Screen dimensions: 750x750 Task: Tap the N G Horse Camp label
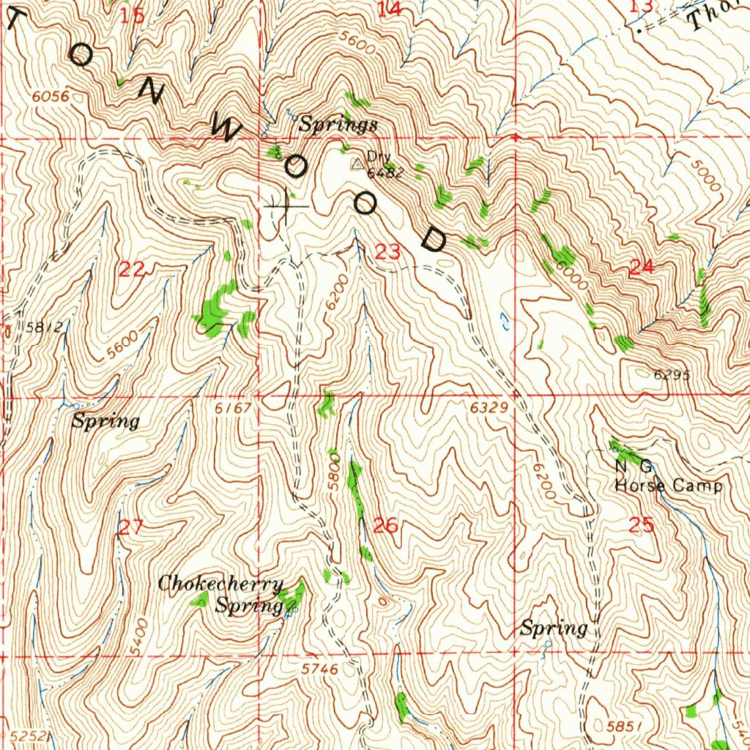[668, 477]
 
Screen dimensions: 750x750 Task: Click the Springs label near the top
[338, 125]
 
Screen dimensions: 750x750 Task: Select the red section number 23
[388, 253]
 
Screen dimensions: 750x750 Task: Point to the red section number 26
[385, 525]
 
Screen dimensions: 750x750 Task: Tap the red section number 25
[641, 524]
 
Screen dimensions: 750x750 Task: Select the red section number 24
[641, 268]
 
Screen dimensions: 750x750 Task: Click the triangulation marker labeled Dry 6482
[357, 165]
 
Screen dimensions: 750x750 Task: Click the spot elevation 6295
[672, 374]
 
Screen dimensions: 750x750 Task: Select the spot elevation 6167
[234, 407]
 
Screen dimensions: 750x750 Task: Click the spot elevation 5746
[319, 669]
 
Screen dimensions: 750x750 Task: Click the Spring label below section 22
[105, 421]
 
